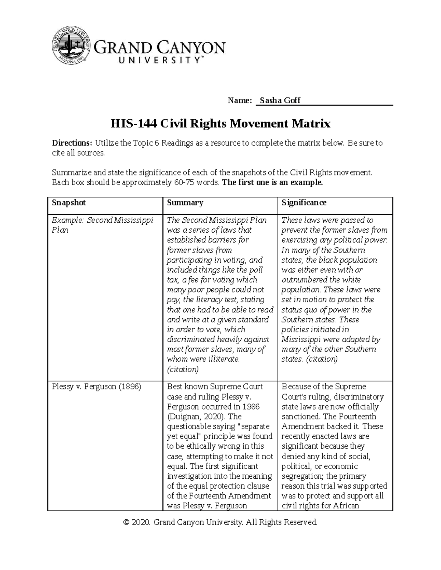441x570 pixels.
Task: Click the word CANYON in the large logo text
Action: [192, 48]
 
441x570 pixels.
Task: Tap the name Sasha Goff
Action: [280, 101]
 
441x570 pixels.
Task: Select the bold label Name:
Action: [240, 101]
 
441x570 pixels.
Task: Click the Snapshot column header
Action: [69, 203]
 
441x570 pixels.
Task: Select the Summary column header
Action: [185, 203]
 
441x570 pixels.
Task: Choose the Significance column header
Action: [304, 203]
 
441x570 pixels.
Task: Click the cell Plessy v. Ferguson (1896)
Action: [96, 387]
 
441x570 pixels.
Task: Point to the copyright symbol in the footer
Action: [127, 522]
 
